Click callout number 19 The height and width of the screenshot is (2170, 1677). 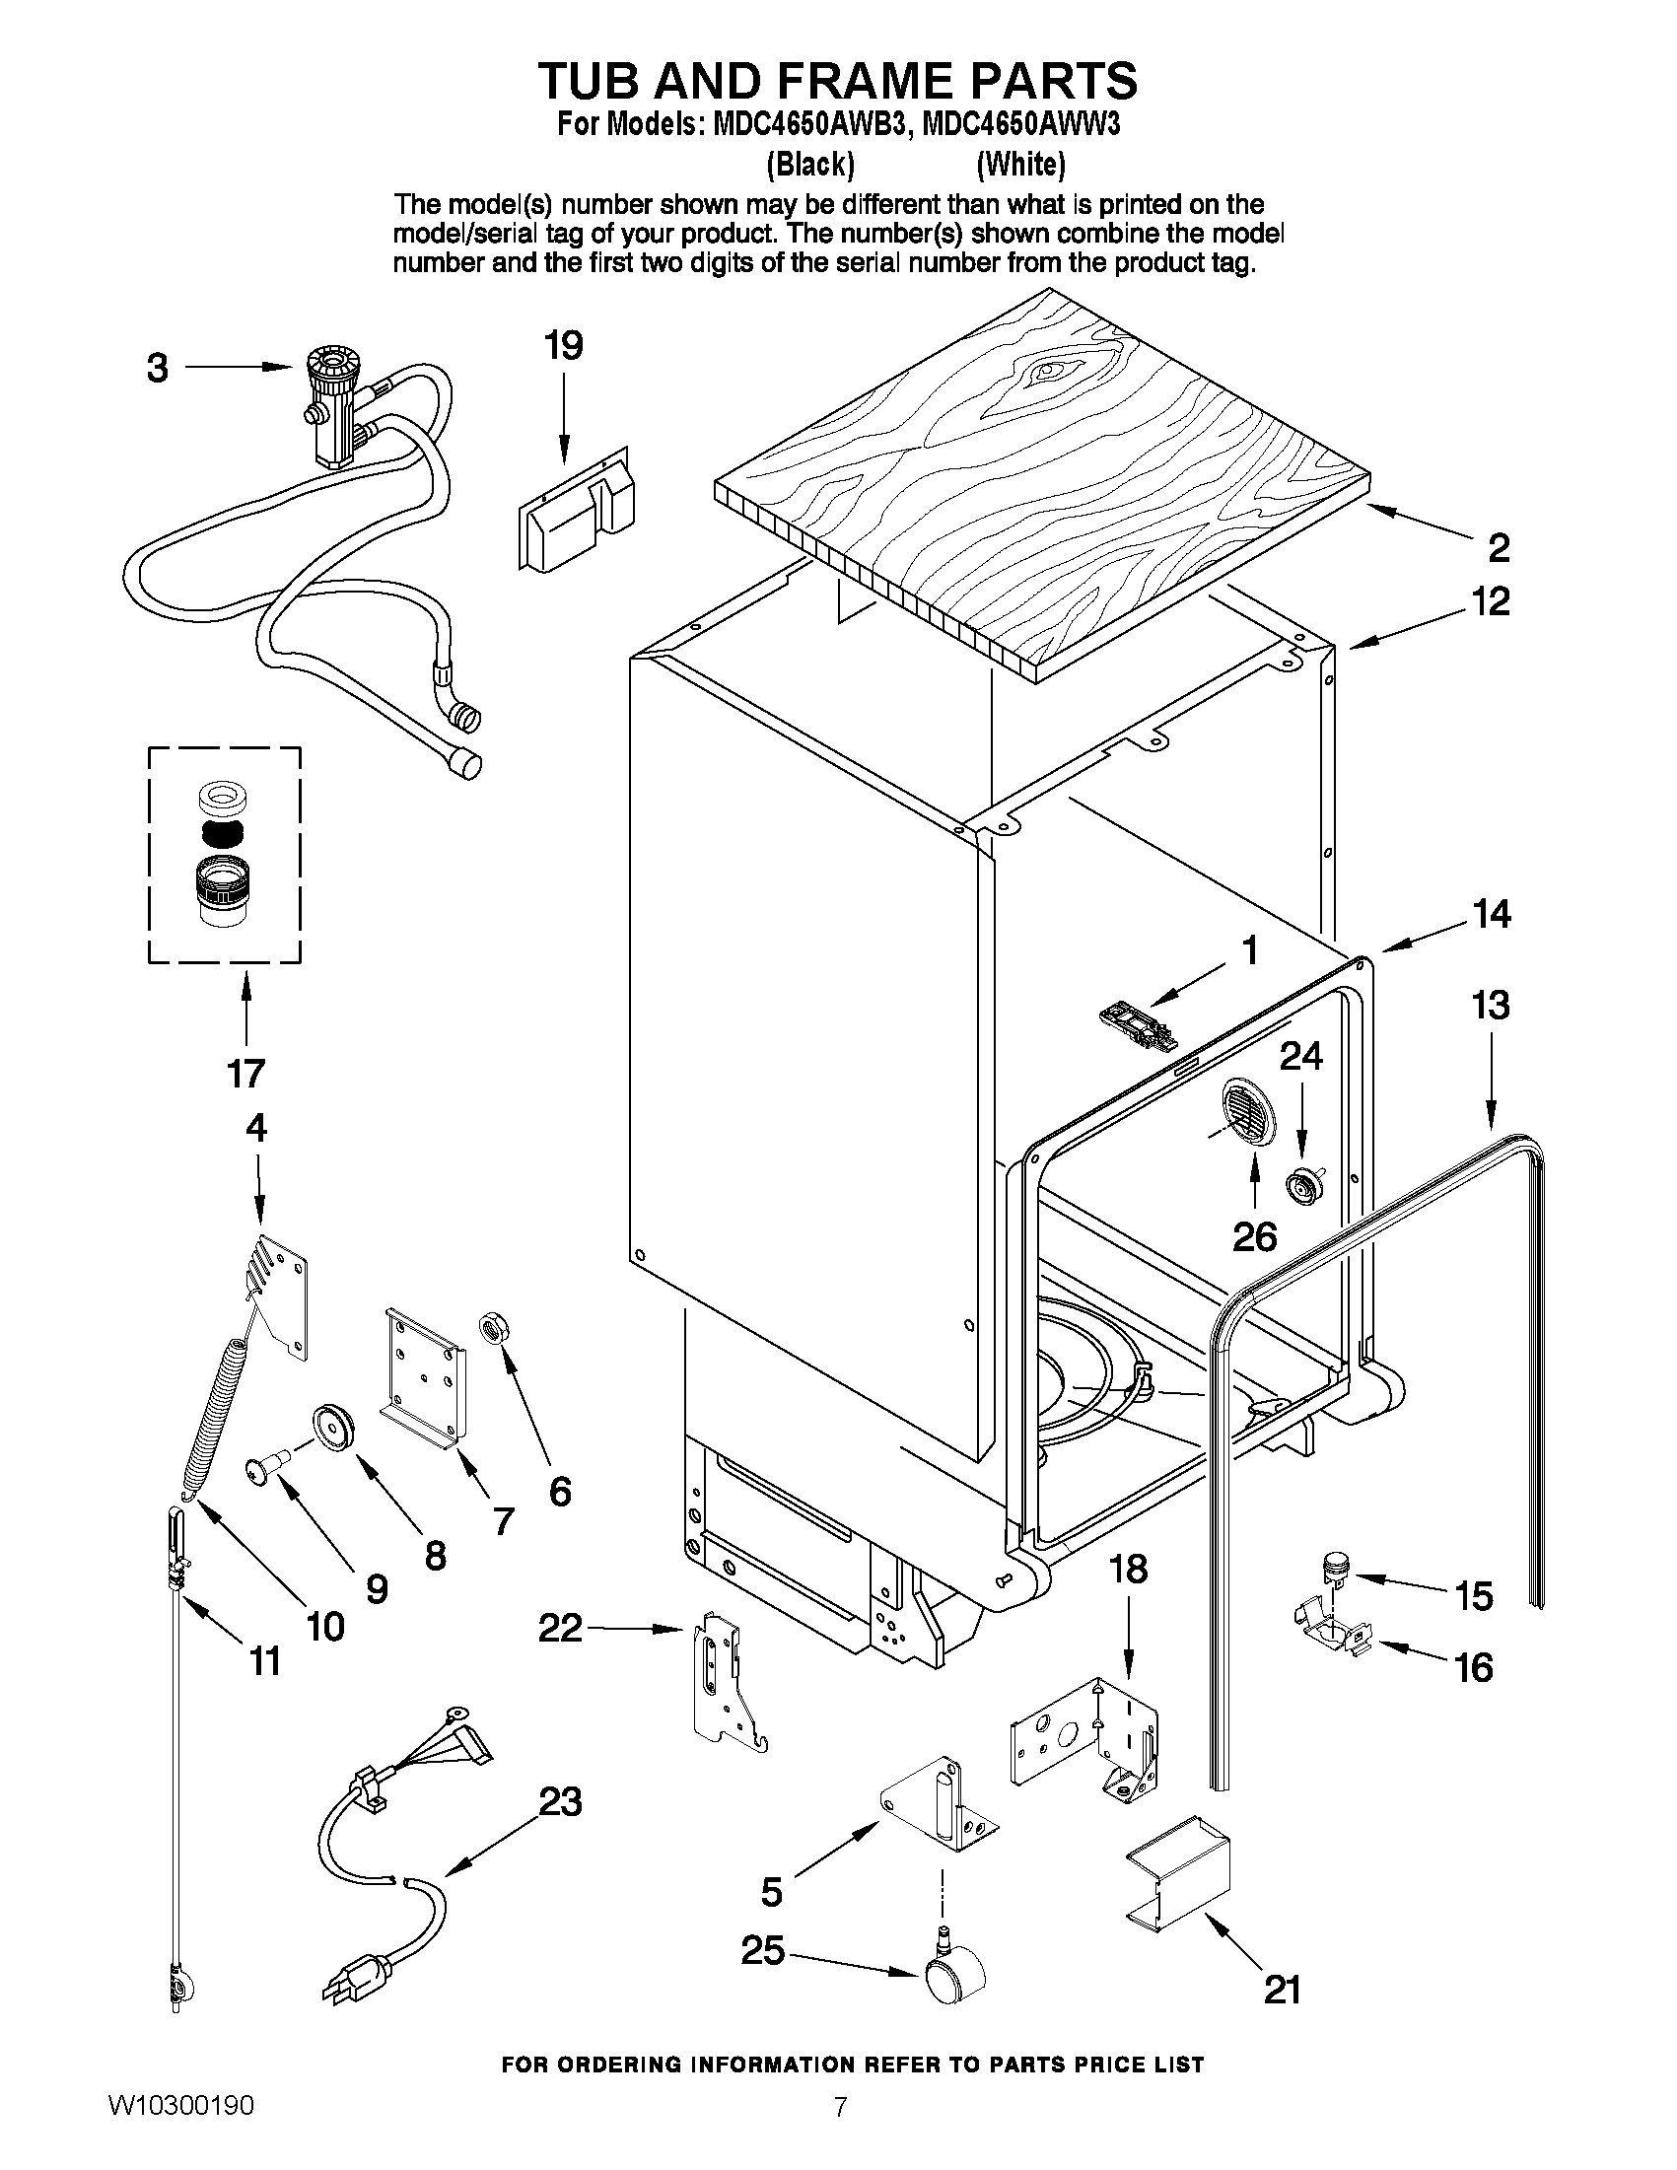(563, 346)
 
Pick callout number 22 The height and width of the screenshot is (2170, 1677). (559, 1628)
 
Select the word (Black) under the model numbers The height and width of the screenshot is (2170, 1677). (810, 164)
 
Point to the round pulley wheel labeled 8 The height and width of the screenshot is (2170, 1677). (327, 1429)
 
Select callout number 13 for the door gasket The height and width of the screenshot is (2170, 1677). (1492, 1005)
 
